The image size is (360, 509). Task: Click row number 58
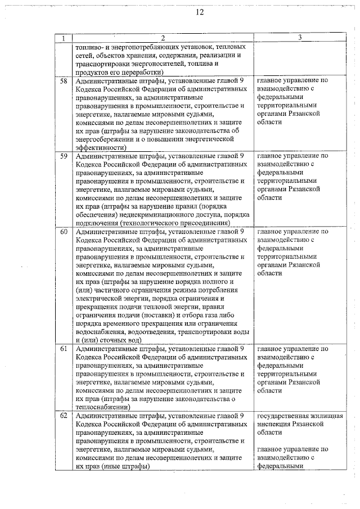click(x=64, y=81)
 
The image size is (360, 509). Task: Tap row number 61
click(x=64, y=349)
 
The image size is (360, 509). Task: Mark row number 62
click(x=64, y=416)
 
